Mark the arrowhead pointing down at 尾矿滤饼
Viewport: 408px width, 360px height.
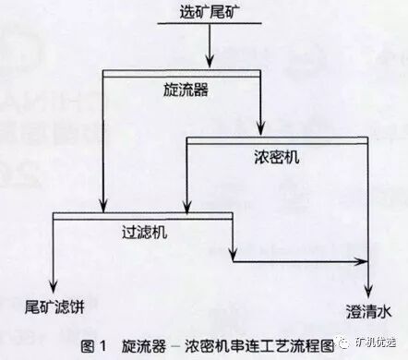57,282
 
